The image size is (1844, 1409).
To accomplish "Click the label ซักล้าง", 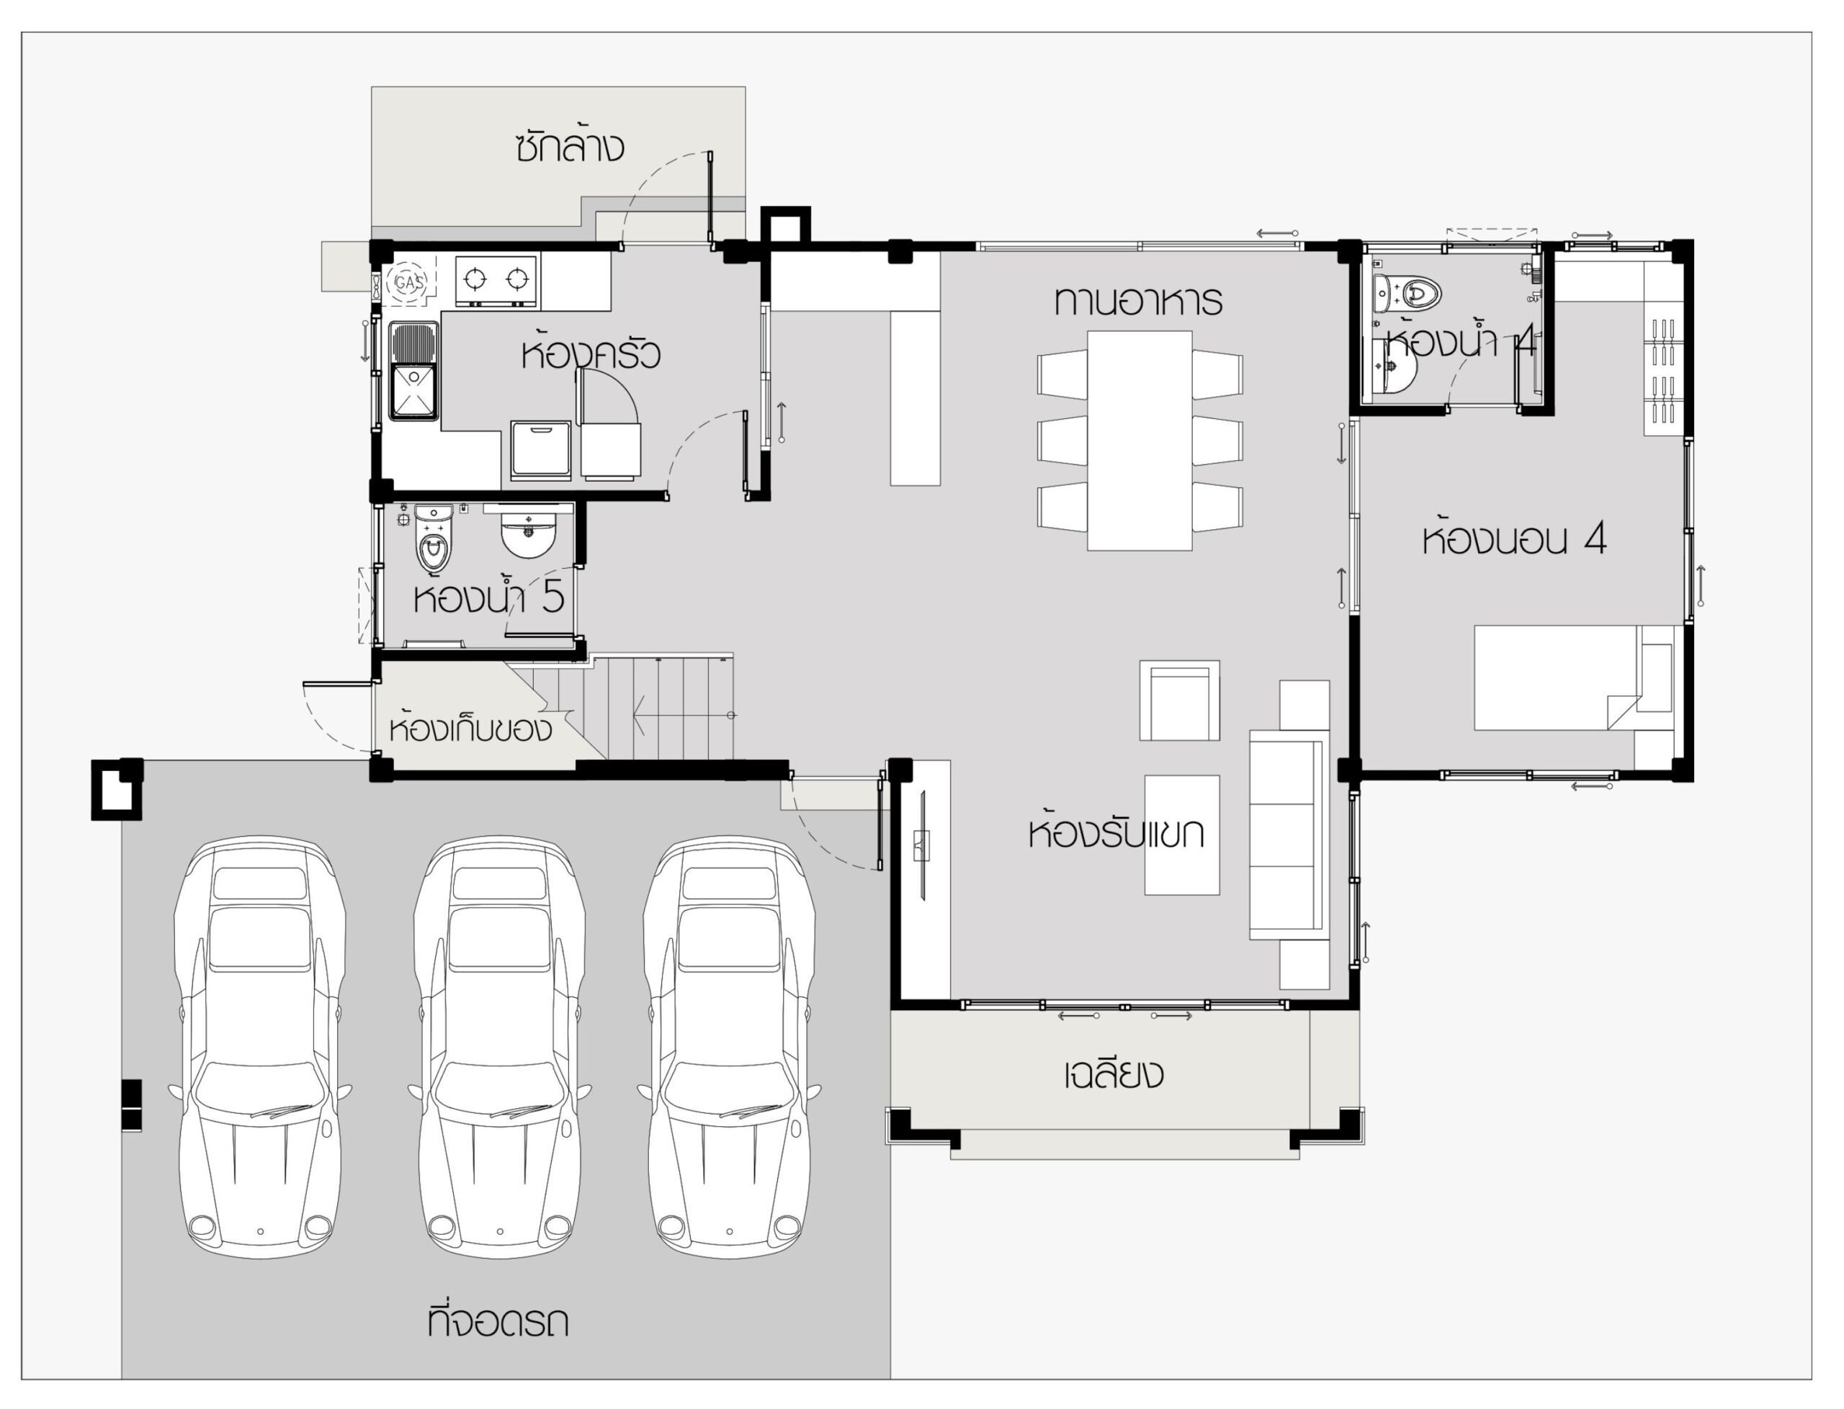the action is click(x=570, y=146).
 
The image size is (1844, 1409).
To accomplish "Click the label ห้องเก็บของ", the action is click(x=470, y=729).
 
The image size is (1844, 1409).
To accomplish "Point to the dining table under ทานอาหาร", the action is click(x=1140, y=441).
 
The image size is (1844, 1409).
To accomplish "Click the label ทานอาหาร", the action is click(x=1138, y=301).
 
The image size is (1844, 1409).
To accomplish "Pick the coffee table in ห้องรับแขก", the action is click(x=1182, y=835).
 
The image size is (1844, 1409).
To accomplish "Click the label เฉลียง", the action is click(x=1114, y=1073).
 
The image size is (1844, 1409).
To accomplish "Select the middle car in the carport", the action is click(x=499, y=1048).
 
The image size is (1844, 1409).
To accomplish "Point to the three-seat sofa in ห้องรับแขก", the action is click(x=1289, y=835).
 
